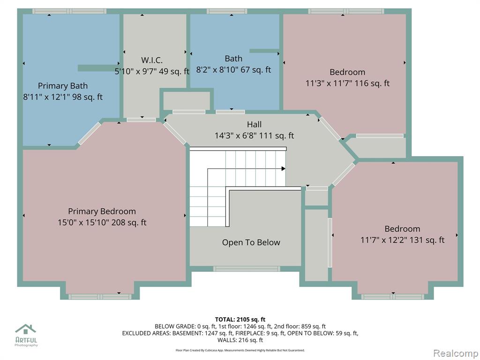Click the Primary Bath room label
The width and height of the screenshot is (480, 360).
[x=63, y=86]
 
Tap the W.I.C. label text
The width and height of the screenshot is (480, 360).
[x=152, y=60]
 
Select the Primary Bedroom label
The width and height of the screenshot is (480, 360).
[x=102, y=211]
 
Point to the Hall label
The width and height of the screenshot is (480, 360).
[x=255, y=124]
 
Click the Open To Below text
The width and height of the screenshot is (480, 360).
[x=251, y=242]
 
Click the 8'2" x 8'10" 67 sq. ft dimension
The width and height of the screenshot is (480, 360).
[x=233, y=70]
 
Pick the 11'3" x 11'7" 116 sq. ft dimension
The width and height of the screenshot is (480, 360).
[x=347, y=83]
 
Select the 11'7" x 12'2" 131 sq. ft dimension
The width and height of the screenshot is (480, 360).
[x=402, y=240]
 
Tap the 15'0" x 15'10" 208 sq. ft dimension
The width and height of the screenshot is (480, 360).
[x=102, y=223]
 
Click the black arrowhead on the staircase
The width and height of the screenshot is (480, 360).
[x=284, y=169]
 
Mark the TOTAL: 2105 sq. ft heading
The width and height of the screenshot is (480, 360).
[x=240, y=320]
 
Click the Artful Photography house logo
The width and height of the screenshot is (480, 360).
[x=26, y=330]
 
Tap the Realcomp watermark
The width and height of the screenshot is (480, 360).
[x=455, y=353]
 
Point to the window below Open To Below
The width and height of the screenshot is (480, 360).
[x=247, y=269]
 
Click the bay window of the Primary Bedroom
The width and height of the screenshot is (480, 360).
[x=100, y=297]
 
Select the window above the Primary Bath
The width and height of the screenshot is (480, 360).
[x=69, y=11]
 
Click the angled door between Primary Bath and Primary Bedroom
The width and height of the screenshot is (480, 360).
[x=89, y=134]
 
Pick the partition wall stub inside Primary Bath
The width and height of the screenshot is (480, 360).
[x=98, y=68]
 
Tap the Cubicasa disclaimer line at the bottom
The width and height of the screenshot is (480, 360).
[x=240, y=350]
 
